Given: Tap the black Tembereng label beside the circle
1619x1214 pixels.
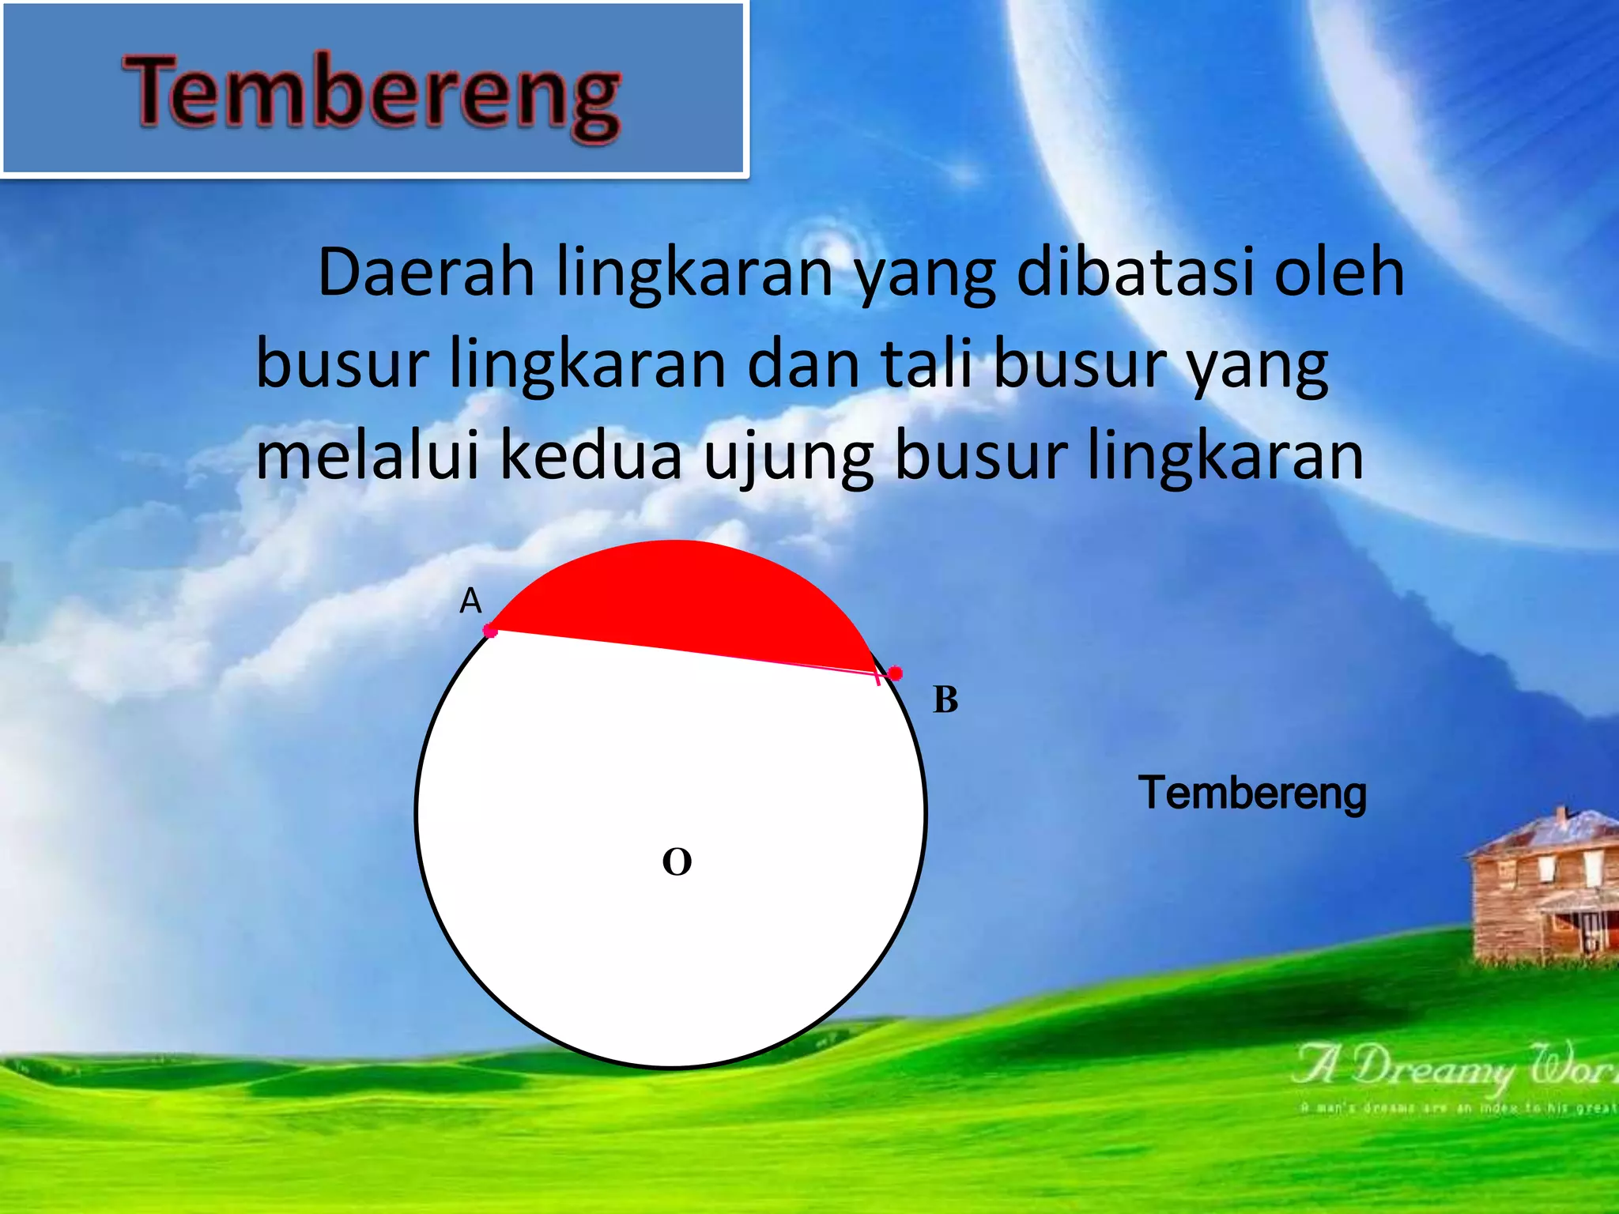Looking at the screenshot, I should pos(1252,793).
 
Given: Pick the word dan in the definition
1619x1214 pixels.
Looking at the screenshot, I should pos(802,365).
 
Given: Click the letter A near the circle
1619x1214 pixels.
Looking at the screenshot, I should pos(470,601).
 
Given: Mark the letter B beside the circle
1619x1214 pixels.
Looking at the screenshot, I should pos(945,700).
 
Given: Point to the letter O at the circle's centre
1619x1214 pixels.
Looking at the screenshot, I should pos(677,861).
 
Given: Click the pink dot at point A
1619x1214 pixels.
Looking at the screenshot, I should pos(490,631).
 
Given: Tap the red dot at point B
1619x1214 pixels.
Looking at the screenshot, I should pos(895,673).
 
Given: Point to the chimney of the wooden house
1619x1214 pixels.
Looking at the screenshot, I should pos(1561,816).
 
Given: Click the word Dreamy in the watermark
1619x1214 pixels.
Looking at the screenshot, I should pos(1431,1069).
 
